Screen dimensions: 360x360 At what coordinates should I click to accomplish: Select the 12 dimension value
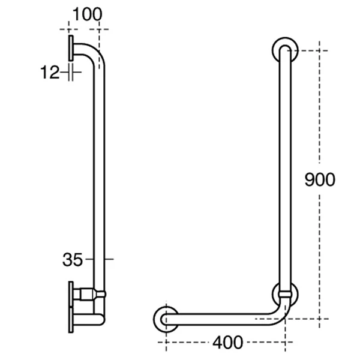[x=50, y=73]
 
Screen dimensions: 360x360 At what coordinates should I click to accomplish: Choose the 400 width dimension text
[x=227, y=343]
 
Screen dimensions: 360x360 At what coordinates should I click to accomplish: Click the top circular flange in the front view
[x=284, y=50]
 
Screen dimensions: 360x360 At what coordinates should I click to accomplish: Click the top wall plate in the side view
[x=71, y=48]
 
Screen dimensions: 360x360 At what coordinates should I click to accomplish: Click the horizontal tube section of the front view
[x=222, y=318]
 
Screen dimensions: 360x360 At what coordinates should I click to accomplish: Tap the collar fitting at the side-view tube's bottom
[x=90, y=294]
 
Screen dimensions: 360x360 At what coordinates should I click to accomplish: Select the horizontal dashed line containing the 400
[x=180, y=343]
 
